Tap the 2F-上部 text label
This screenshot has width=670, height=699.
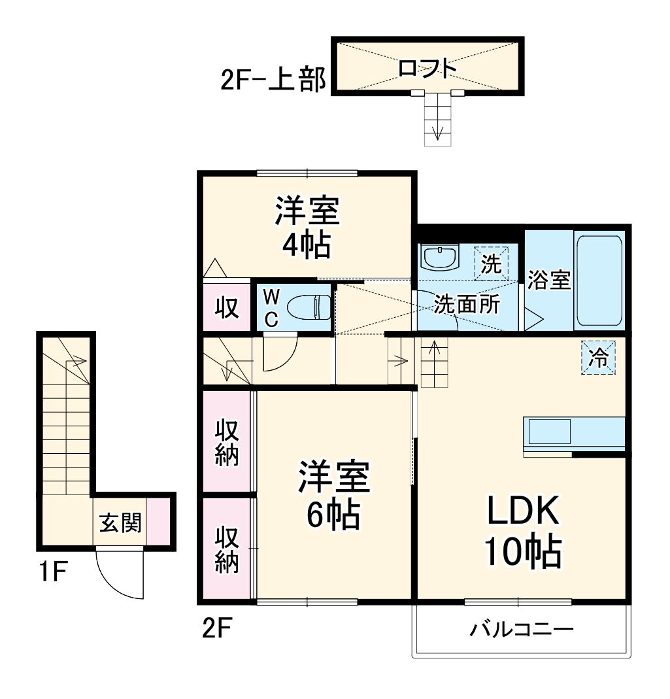tap(273, 80)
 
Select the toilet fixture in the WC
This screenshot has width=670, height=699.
tap(309, 307)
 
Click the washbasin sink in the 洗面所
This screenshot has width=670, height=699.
tap(440, 258)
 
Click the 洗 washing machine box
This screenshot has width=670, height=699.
tap(491, 264)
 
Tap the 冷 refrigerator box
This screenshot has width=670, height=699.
tap(598, 358)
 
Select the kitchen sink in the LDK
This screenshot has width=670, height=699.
tap(549, 432)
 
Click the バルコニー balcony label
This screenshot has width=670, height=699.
tap(522, 630)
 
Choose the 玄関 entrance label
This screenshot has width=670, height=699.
tap(120, 523)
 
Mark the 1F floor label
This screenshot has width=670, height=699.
tap(53, 571)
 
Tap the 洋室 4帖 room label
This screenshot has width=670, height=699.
tap(307, 228)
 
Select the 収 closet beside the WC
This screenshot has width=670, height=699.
tap(227, 307)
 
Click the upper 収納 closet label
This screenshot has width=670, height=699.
tap(227, 442)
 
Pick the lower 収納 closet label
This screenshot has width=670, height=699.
tap(227, 549)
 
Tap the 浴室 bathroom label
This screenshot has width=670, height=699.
tap(549, 280)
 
